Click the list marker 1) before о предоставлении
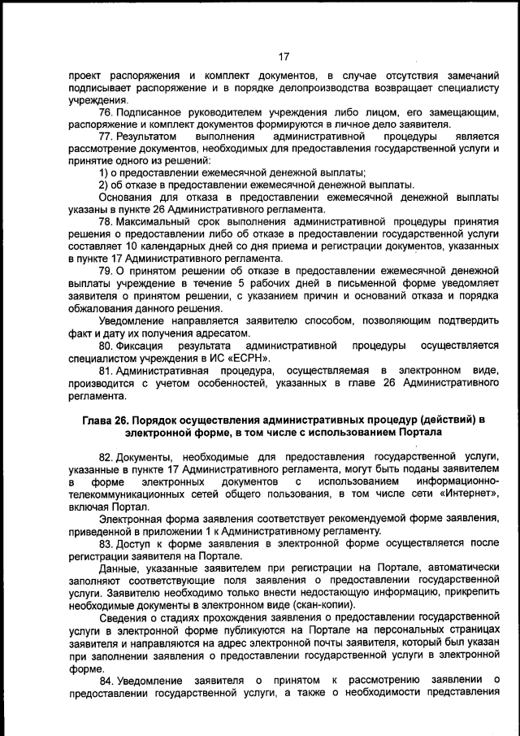(x=105, y=172)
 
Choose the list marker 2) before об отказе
(x=105, y=185)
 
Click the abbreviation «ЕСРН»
(x=249, y=359)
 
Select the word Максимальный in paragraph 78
(x=152, y=221)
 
